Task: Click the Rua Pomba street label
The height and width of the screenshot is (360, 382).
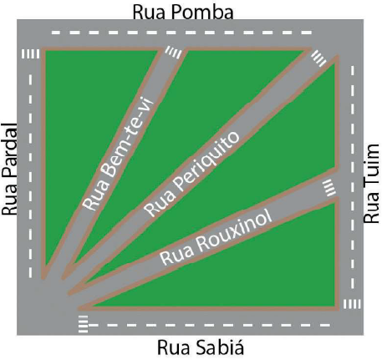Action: pos(183,13)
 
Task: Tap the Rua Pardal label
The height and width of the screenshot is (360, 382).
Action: pos(9,170)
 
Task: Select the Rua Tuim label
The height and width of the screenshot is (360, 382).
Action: pos(372,184)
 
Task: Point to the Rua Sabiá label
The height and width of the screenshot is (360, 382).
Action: pos(201,347)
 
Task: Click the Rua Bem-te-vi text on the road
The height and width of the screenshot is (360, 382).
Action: pos(119,154)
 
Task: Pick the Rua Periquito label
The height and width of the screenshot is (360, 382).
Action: pos(191,174)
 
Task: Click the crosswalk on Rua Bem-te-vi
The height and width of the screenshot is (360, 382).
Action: pos(174,52)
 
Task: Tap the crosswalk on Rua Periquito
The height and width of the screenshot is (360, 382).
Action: pos(318,58)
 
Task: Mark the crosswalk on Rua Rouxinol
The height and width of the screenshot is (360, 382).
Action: pos(328,187)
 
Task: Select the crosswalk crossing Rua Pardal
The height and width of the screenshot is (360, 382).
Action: pos(30,54)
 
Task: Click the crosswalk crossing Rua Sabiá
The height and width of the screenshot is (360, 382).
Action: pos(83,324)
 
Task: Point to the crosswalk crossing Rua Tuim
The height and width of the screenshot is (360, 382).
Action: pos(352,304)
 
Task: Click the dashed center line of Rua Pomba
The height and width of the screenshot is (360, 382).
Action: pos(181,33)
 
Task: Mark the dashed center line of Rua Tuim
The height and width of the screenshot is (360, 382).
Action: pos(353,177)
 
